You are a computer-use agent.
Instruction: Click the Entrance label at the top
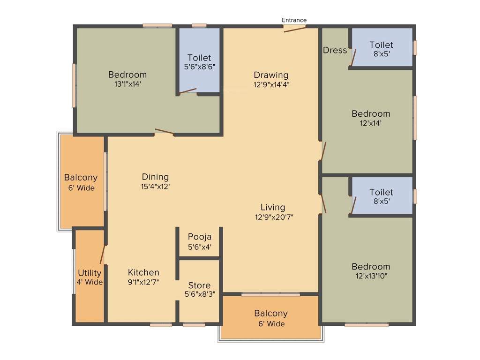click(x=294, y=20)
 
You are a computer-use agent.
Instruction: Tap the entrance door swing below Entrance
click(x=295, y=29)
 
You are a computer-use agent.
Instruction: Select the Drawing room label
click(x=271, y=75)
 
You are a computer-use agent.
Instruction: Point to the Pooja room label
click(x=200, y=237)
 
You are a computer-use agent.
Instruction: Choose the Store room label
click(x=199, y=285)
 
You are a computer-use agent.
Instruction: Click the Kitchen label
click(x=143, y=272)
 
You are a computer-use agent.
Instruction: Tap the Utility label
click(x=90, y=273)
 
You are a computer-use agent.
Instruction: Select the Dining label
click(x=155, y=177)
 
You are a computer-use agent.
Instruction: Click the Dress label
click(x=335, y=50)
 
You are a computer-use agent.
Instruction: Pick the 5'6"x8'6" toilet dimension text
click(x=200, y=67)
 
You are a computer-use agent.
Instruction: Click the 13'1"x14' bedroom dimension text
click(x=127, y=84)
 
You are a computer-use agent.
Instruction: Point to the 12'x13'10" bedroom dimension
click(x=371, y=276)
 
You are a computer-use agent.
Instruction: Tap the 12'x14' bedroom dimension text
click(x=371, y=123)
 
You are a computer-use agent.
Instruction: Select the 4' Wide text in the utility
click(x=90, y=282)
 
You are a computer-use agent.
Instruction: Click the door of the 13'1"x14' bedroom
click(x=164, y=132)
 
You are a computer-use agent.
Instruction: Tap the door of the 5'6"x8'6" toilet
click(x=187, y=91)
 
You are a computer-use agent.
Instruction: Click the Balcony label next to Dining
click(x=81, y=178)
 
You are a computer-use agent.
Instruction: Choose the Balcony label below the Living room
click(x=271, y=313)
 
